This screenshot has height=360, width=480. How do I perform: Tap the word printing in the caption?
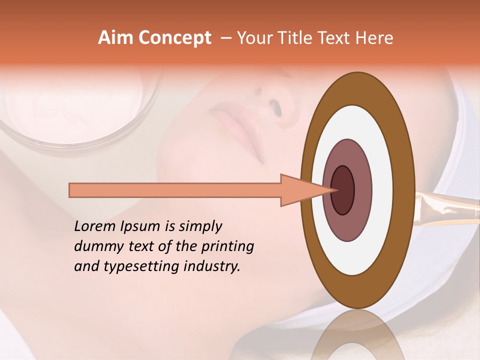[x=226, y=247]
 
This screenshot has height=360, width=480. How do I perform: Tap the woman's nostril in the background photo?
[x=274, y=106]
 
